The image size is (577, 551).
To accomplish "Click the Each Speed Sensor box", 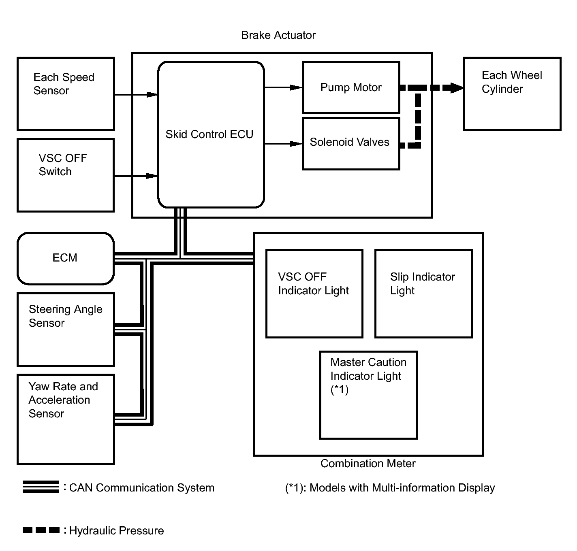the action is tap(66, 94).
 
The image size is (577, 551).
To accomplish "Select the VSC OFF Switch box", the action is tap(66, 175).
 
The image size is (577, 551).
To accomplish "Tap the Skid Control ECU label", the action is tap(209, 134).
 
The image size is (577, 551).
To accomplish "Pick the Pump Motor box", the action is tap(351, 87).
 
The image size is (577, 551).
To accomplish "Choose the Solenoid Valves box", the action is tap(351, 144).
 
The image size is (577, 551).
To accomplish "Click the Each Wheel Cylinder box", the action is tap(512, 94).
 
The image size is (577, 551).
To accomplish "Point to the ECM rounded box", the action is tap(66, 259).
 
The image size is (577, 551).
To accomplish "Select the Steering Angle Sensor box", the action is tap(66, 330).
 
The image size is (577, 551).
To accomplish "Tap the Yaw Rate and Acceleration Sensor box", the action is tap(66, 419).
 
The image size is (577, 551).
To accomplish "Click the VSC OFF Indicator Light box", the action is tap(314, 294).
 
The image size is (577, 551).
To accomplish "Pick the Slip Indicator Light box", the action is tap(424, 294).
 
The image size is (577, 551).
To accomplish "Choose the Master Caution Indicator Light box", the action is tap(369, 395).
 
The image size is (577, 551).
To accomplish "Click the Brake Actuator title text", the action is tap(278, 35).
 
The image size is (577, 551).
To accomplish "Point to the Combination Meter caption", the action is tap(368, 464).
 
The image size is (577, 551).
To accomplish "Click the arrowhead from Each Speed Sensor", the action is tap(152, 94).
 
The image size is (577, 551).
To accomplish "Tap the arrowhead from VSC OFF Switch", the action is tap(152, 176).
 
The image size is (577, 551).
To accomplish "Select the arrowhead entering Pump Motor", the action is tap(296, 87).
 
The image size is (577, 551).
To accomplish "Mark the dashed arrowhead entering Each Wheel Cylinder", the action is tap(457, 88).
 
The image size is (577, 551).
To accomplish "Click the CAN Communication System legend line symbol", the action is tap(41, 487).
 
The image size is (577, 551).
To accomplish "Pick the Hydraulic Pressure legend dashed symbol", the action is tap(41, 530).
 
